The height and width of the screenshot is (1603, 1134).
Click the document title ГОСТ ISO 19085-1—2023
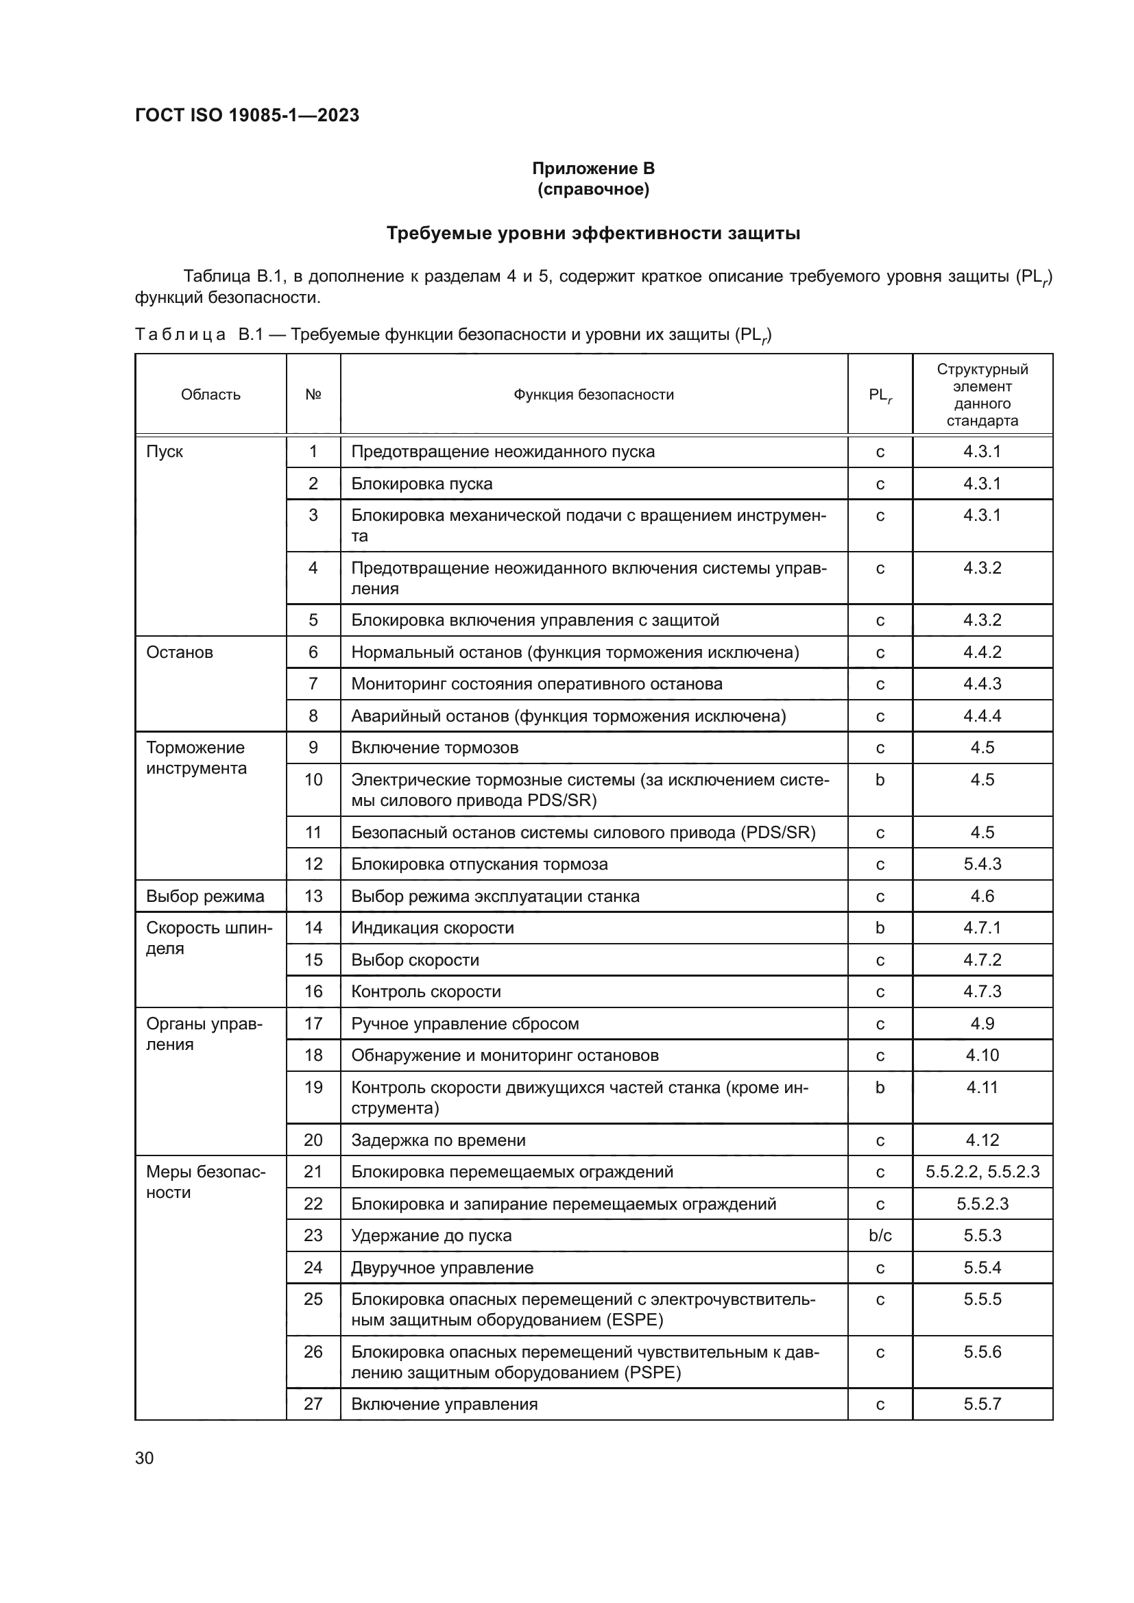click(x=247, y=115)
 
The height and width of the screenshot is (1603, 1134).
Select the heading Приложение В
click(x=593, y=169)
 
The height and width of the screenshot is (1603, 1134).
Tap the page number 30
click(x=145, y=1458)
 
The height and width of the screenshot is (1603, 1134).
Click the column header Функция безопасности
click(x=594, y=395)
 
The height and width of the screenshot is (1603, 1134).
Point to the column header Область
click(x=210, y=395)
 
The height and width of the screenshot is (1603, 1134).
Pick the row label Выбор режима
click(x=204, y=896)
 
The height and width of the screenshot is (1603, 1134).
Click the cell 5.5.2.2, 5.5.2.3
click(x=982, y=1171)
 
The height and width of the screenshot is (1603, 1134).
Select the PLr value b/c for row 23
click(x=880, y=1235)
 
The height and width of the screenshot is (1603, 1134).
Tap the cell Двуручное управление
click(x=442, y=1267)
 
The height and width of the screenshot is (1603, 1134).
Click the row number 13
click(x=313, y=896)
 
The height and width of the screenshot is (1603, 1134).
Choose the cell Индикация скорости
click(x=432, y=928)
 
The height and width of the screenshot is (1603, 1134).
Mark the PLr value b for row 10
click(x=880, y=780)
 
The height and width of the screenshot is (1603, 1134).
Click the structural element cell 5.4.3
click(x=982, y=864)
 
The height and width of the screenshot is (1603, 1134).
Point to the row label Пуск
click(x=165, y=452)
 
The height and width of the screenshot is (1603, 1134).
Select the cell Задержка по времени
click(x=438, y=1140)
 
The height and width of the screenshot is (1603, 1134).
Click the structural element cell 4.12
click(x=982, y=1140)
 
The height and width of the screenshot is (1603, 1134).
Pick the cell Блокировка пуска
click(x=421, y=484)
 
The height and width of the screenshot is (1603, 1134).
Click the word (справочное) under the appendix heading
click(x=593, y=190)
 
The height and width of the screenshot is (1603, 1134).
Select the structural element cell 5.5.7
click(x=982, y=1404)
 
